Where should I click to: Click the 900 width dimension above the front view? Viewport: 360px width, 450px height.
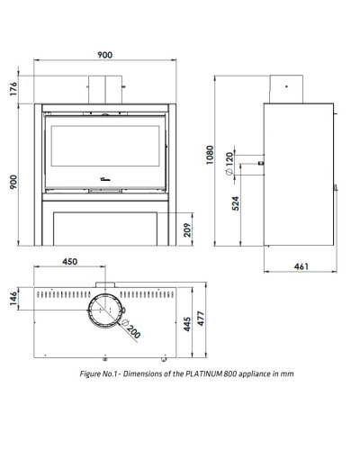tap(105, 55)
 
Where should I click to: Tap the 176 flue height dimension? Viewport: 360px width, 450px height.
tap(13, 89)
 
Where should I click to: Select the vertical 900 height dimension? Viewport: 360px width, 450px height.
tap(13, 182)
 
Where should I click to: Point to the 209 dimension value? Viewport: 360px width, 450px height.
tap(187, 229)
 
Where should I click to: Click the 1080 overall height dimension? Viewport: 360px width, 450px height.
tap(210, 155)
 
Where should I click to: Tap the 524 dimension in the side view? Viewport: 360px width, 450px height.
tap(236, 203)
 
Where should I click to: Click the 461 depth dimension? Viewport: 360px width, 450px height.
tap(301, 266)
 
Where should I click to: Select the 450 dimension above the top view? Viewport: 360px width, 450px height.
tap(70, 262)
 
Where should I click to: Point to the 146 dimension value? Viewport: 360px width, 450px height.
tap(13, 299)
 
